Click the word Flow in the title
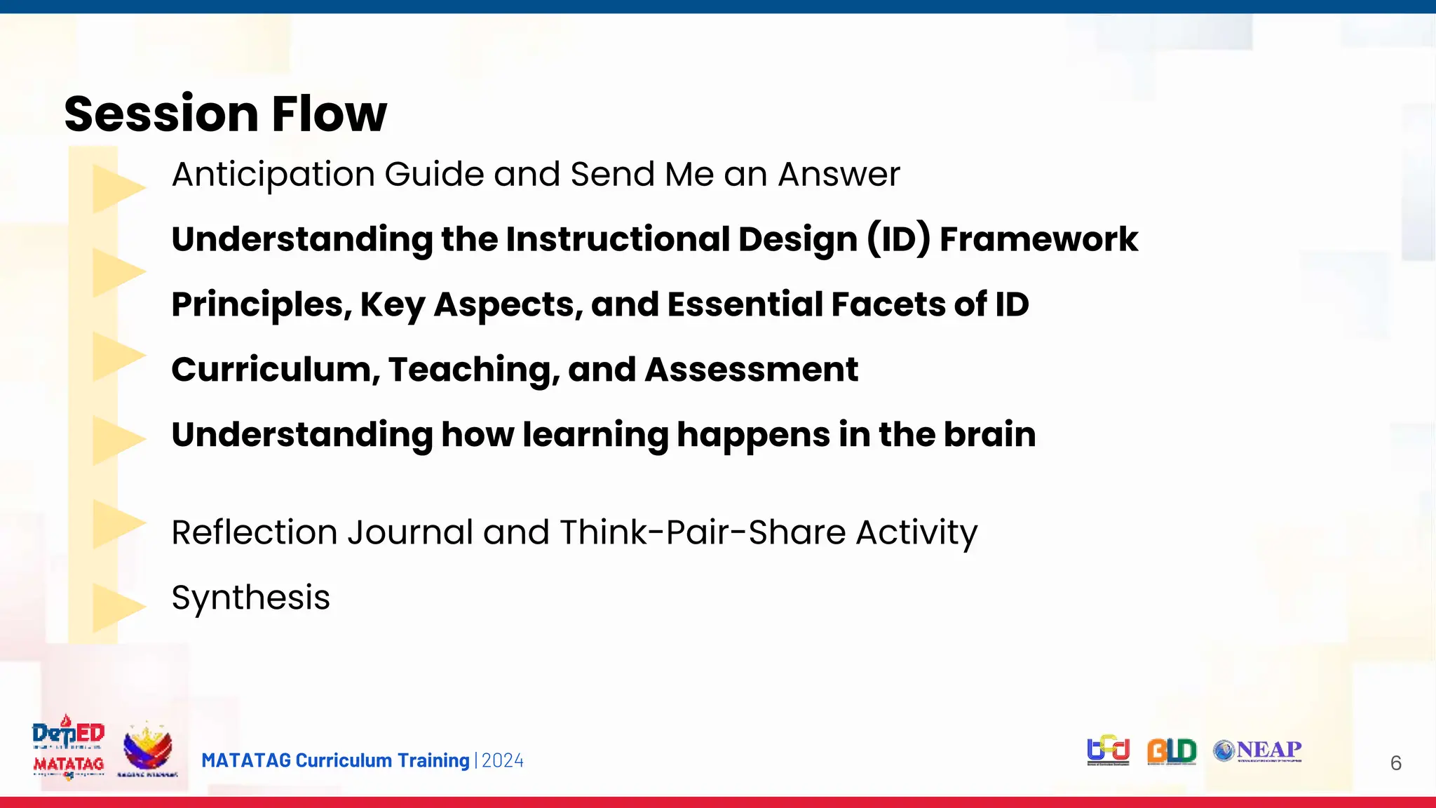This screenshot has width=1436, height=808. (x=329, y=114)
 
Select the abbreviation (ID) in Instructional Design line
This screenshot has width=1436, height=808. (x=899, y=239)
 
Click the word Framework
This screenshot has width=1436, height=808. (x=1038, y=239)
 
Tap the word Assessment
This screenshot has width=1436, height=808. (x=751, y=370)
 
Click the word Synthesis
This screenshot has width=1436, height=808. (x=250, y=598)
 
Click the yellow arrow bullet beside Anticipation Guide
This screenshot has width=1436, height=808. (x=117, y=188)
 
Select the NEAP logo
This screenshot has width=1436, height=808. (x=1258, y=751)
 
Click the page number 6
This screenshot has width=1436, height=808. (x=1395, y=763)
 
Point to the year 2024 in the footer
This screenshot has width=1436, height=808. (x=503, y=761)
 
